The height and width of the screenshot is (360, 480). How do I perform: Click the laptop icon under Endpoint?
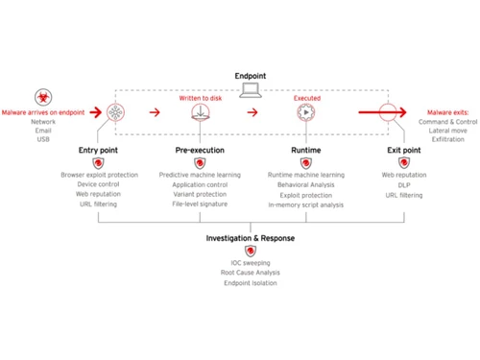click(251, 91)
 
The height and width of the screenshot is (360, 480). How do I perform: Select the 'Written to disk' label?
click(201, 98)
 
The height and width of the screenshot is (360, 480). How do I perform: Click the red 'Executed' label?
click(306, 98)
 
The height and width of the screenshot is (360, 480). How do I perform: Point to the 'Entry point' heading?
click(99, 151)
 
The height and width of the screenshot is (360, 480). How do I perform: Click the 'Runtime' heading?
click(306, 151)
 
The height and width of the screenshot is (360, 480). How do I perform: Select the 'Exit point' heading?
click(403, 151)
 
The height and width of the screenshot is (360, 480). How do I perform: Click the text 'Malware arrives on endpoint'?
click(45, 112)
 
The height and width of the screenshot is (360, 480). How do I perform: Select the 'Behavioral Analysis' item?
click(306, 185)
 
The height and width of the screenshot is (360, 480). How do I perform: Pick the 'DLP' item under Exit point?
click(403, 185)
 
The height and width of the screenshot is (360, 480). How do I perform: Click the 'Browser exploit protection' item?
click(99, 176)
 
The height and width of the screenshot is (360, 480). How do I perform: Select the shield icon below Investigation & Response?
click(251, 251)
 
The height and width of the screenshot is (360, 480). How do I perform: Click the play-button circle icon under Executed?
click(306, 112)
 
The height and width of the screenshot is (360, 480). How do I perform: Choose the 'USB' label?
click(43, 140)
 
